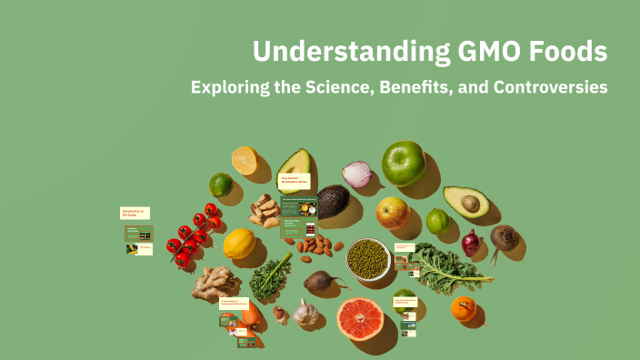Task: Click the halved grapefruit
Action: point(360,319)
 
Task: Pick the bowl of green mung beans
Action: point(368,258)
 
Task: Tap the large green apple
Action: point(404,163)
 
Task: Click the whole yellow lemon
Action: point(239,244)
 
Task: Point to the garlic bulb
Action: point(306,314)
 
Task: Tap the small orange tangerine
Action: point(464,309)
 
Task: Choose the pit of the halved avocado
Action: point(470,203)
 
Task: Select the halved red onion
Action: point(356,174)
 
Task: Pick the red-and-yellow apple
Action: point(393,213)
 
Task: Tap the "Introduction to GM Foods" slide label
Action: point(135,213)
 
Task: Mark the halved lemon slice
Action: point(245,160)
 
